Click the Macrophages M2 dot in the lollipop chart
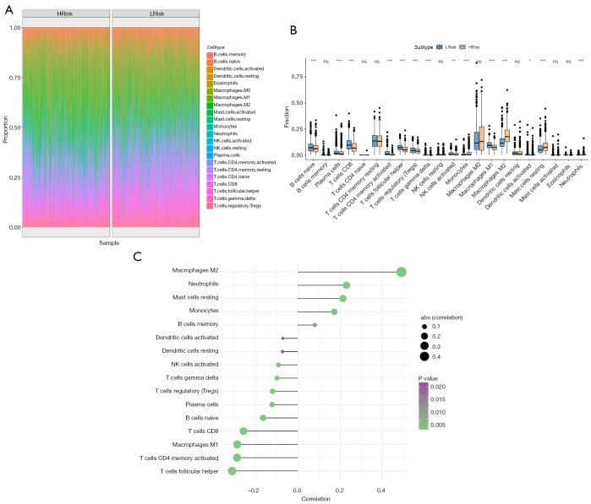tap(401, 272)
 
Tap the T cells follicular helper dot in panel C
tap(232, 470)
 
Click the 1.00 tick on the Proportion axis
tap(15, 28)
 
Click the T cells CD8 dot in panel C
tap(244, 431)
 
